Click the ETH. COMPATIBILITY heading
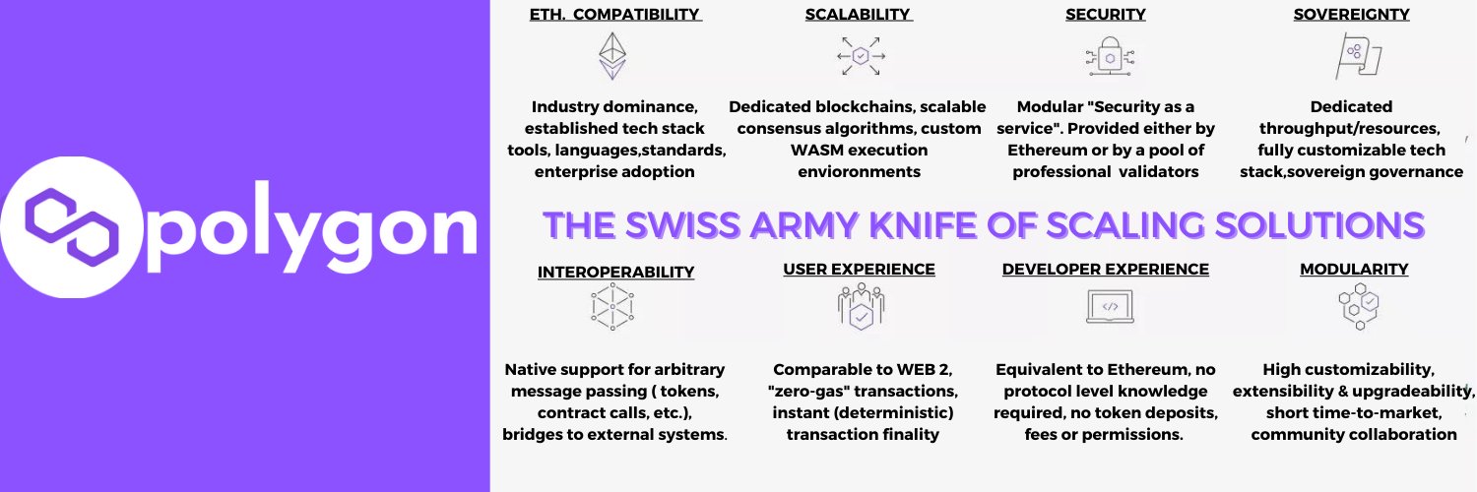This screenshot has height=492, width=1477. [615, 15]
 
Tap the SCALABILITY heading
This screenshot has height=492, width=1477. [858, 15]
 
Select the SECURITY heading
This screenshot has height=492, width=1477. [1105, 15]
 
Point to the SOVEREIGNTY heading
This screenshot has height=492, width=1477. [1351, 15]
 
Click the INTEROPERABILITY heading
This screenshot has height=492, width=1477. [615, 272]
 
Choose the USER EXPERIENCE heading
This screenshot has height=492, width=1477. [860, 270]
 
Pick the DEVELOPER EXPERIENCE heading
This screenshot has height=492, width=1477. [1105, 270]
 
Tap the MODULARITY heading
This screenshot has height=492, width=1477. [1354, 270]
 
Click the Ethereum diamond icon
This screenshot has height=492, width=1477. [612, 56]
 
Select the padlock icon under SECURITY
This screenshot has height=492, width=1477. [1111, 56]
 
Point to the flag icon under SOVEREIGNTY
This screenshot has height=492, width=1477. [1358, 56]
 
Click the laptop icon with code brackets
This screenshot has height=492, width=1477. [1111, 307]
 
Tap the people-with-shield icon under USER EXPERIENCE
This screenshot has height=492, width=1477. [862, 306]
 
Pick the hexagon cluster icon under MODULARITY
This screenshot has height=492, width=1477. [1360, 306]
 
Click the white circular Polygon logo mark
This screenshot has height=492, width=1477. [71, 227]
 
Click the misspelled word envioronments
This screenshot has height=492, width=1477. [860, 172]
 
